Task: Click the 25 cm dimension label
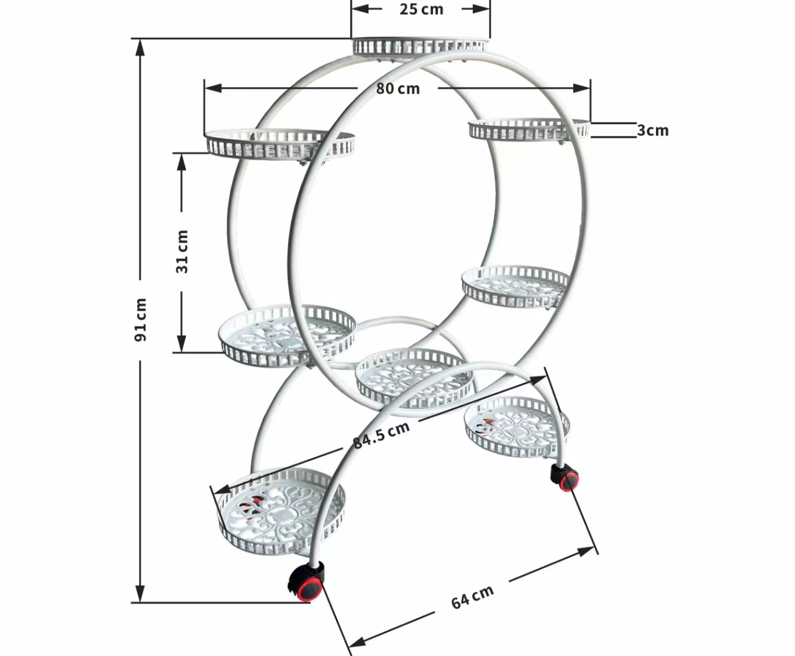point(421,9)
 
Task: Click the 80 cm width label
point(397,89)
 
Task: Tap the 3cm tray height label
point(653,130)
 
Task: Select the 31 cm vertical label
point(181,251)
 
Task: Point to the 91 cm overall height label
point(141,319)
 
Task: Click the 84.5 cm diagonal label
point(381,434)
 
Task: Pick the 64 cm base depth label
point(472,597)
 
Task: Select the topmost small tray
point(418,46)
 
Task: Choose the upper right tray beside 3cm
point(528,129)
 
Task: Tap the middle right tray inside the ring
point(516,286)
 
